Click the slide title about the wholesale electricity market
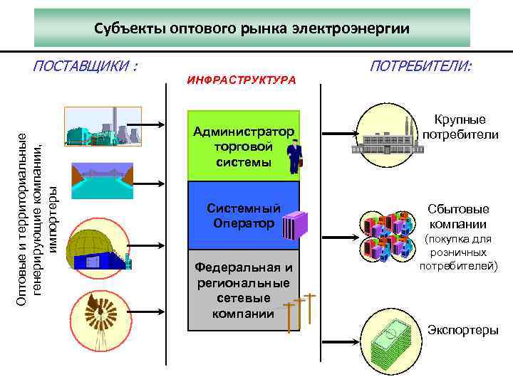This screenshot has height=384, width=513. (252, 29)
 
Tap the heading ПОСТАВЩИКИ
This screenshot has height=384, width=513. (85, 67)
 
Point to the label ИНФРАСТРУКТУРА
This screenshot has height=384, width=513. (242, 80)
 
